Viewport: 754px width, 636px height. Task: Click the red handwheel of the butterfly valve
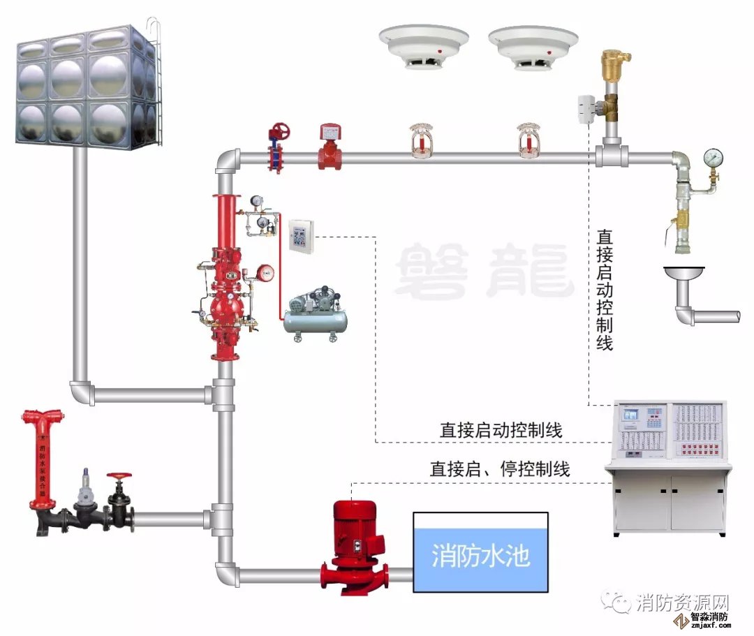coord(281,131)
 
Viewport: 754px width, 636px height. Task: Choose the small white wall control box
coord(301,235)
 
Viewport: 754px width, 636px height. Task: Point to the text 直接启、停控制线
coord(499,469)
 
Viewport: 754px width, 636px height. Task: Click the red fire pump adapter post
coord(41,461)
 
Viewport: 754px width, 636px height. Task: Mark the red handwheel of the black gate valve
coord(119,476)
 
